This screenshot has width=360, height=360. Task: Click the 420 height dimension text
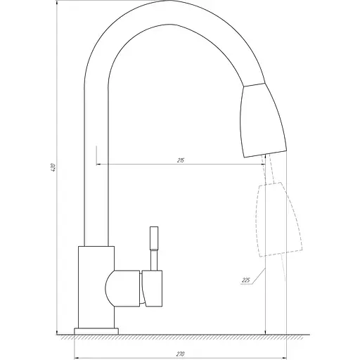(52, 169)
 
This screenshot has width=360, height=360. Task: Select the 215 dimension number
(181, 161)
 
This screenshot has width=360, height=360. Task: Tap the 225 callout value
(246, 281)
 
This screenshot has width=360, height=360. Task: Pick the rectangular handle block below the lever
(153, 288)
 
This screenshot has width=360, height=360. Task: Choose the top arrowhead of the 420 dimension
(57, 6)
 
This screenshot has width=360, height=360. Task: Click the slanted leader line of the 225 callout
(259, 276)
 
